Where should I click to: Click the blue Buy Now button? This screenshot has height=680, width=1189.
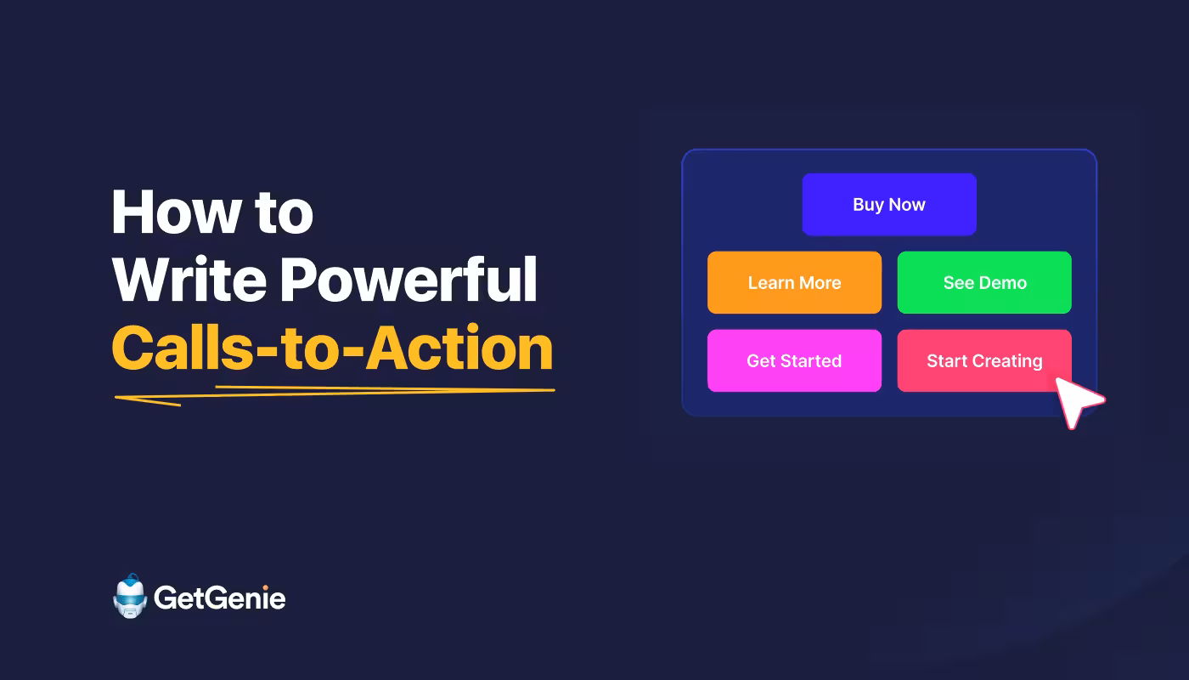coord(888,205)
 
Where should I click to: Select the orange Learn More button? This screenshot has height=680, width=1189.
coord(794,283)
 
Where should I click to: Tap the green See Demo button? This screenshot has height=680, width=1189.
coord(984,283)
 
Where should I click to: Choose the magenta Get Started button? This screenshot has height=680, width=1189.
coord(794,361)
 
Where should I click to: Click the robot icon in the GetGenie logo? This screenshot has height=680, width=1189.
coord(130,597)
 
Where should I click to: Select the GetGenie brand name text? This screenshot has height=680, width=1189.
coord(219,598)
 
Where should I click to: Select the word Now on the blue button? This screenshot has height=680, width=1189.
coord(907,205)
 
